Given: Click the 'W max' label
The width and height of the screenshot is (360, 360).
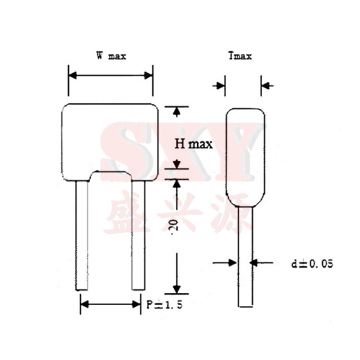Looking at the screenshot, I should [110, 56].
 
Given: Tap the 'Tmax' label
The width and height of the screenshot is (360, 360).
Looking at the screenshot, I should [240, 56].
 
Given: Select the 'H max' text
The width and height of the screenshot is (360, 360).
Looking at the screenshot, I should [193, 144].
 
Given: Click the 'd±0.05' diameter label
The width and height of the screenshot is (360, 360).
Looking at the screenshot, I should [312, 264].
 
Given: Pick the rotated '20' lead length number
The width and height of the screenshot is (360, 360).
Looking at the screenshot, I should [176, 225].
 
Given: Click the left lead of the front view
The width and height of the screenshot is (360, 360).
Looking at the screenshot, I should [82, 235].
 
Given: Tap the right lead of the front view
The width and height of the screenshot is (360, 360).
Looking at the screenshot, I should [138, 235].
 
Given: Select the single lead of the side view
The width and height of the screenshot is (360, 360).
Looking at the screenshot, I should [245, 259].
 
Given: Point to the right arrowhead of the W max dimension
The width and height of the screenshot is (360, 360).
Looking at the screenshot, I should [148, 75].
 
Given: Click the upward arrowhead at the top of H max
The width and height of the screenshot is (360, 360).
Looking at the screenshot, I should [177, 112].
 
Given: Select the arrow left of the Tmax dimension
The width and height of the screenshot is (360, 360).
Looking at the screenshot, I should [220, 86].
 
